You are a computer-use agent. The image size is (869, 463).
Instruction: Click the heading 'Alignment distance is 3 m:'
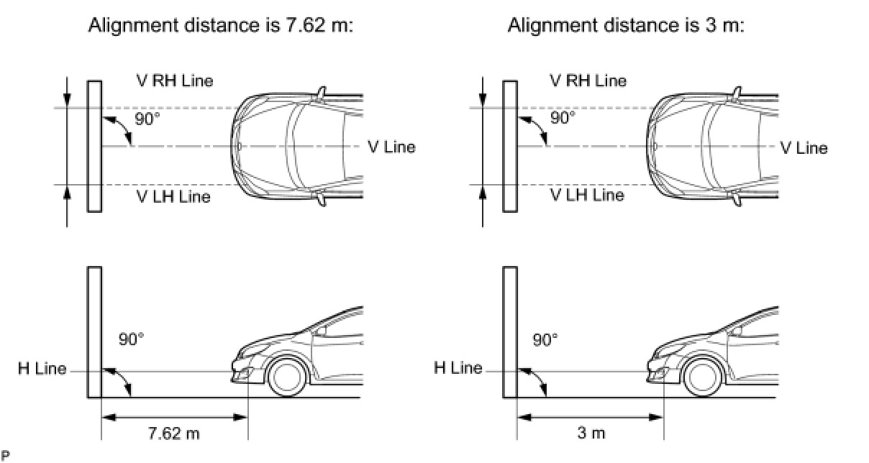[x=626, y=27]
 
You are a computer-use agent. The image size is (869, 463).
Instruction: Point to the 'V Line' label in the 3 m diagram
[x=804, y=148]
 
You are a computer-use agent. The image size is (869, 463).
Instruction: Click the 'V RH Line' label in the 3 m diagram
[x=588, y=81]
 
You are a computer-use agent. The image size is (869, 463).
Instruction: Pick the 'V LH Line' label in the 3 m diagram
[x=587, y=194]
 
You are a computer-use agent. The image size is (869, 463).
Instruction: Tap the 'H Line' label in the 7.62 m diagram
[x=42, y=370]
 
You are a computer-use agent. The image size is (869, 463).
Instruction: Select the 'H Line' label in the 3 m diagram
[x=458, y=369]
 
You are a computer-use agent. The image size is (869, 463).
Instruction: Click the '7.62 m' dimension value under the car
[x=173, y=434]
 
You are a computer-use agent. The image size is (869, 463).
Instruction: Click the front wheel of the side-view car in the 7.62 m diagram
[x=286, y=377]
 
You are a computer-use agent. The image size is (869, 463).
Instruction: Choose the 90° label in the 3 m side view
[x=545, y=339]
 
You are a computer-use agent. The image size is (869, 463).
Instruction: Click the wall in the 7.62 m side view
[x=94, y=331]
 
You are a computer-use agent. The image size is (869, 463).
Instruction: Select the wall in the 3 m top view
[x=509, y=146]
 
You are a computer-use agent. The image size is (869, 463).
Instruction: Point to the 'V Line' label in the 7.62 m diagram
[x=391, y=147]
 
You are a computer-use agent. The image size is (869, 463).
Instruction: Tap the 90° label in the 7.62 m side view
[x=131, y=339]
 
